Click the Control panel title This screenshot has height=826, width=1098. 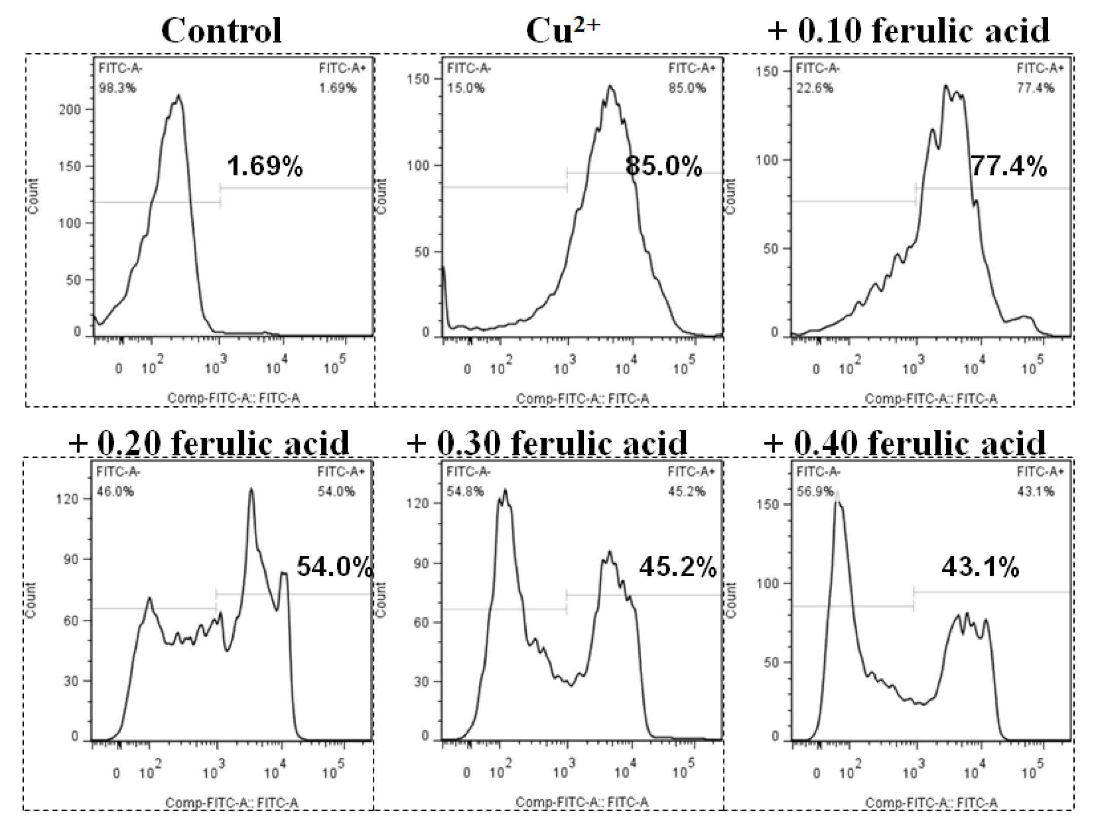click(x=221, y=31)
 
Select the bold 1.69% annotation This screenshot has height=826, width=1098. click(x=265, y=166)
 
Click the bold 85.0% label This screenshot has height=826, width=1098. click(x=663, y=166)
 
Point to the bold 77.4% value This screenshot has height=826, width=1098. click(x=1008, y=166)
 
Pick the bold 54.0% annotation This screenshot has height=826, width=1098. click(x=334, y=566)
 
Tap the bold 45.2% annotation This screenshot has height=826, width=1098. click(x=677, y=566)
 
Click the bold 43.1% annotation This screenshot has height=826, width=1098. click(x=980, y=566)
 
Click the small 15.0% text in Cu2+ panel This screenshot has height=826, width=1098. click(x=466, y=88)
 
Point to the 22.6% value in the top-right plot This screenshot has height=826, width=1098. click(x=815, y=88)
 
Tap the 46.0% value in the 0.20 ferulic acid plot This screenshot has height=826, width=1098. click(x=115, y=491)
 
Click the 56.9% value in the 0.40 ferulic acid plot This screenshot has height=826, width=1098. click(x=815, y=491)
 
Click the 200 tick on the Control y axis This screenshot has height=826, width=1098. click(x=70, y=110)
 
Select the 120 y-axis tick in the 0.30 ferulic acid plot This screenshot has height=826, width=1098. click(x=419, y=504)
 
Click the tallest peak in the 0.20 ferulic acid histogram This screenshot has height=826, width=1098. click(x=251, y=489)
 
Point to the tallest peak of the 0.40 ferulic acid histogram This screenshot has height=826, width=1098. click(x=837, y=494)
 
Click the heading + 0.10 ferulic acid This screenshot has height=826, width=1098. click(x=909, y=31)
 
